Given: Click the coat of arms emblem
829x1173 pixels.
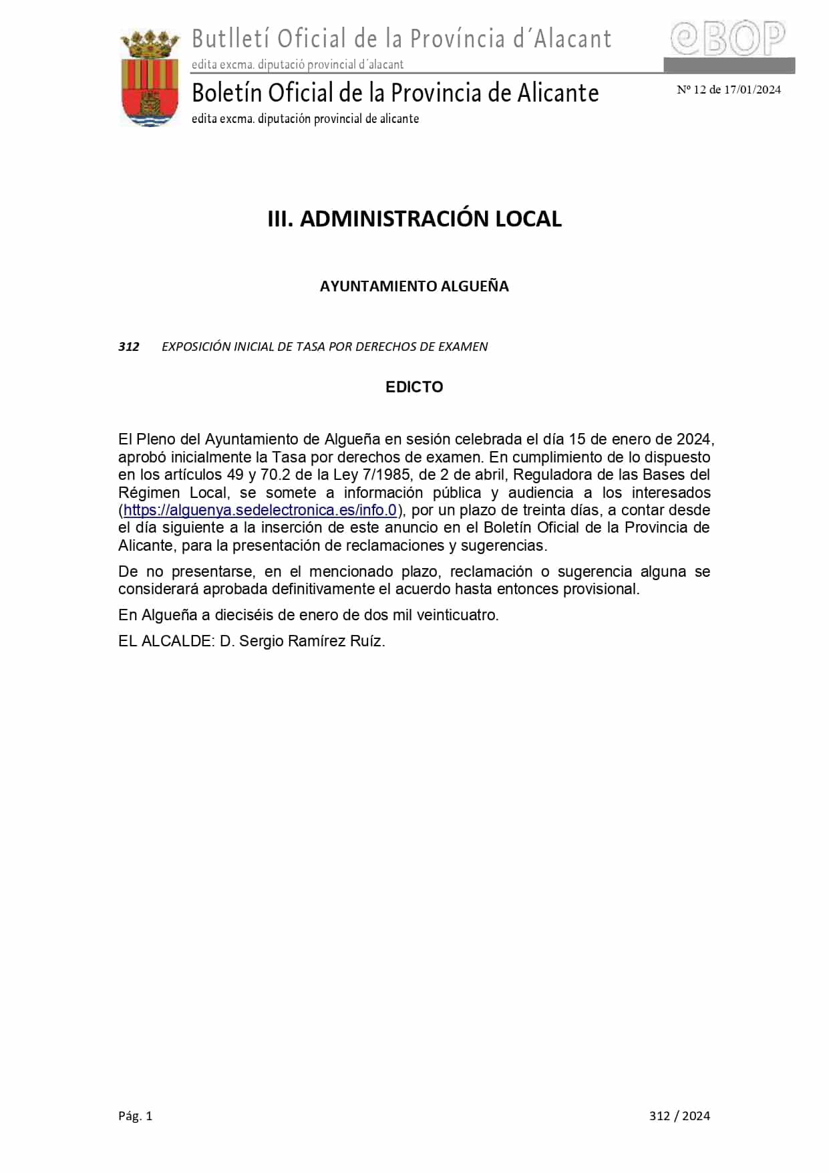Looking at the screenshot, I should click(150, 78).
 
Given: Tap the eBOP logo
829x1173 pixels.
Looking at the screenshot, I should click(727, 39).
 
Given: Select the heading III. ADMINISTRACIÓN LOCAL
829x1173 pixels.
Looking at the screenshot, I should click(414, 219).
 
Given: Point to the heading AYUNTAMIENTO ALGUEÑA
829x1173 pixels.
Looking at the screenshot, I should click(414, 286).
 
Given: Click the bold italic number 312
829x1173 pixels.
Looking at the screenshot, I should click(129, 346).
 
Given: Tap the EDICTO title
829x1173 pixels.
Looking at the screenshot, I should click(414, 387).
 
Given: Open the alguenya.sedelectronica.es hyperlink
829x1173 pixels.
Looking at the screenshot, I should click(261, 510).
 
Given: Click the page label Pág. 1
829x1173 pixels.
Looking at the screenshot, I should click(136, 1116).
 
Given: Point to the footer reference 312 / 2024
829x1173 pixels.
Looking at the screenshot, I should click(679, 1116).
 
